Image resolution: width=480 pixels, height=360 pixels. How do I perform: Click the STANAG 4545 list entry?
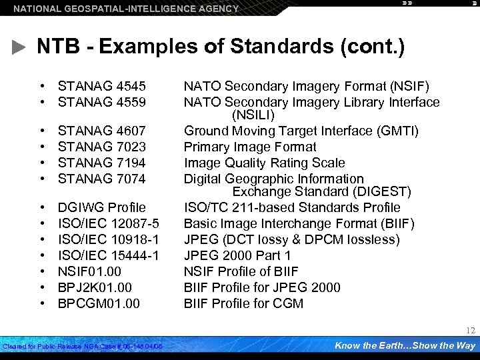(101, 86)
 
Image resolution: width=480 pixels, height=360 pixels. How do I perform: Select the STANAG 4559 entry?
(101, 102)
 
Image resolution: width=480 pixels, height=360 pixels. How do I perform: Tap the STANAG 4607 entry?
(101, 131)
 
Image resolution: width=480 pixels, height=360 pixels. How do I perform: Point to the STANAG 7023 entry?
(101, 147)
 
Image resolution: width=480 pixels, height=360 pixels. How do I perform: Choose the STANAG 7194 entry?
(101, 163)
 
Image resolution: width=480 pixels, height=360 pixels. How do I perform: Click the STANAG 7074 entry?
(101, 179)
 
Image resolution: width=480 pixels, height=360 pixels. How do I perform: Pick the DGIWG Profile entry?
(101, 207)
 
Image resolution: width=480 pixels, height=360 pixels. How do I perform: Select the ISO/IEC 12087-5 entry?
(108, 223)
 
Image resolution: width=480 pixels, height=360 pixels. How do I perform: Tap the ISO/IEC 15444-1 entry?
(108, 255)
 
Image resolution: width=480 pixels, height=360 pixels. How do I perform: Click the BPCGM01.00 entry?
(99, 303)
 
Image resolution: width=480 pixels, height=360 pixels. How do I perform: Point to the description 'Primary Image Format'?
(250, 147)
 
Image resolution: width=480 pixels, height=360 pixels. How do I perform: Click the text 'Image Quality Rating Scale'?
(264, 163)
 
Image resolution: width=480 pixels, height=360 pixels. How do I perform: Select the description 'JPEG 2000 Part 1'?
(237, 255)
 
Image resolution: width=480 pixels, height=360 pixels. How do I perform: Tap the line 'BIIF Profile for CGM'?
(243, 303)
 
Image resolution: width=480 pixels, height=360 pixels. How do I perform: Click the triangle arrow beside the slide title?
(20, 48)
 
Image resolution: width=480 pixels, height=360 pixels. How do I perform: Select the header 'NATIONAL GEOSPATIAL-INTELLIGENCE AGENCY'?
(126, 9)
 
